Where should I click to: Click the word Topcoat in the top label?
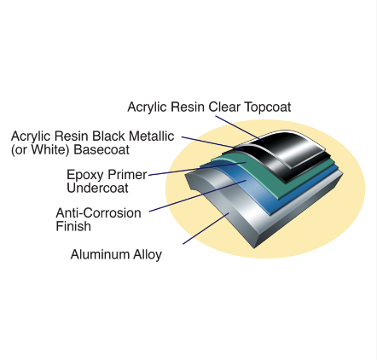click(268, 107)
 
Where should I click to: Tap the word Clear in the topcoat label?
click(224, 107)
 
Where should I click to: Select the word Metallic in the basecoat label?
click(151, 136)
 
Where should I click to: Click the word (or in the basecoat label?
click(20, 150)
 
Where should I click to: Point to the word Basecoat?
click(101, 149)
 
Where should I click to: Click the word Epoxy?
click(84, 175)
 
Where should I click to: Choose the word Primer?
click(126, 175)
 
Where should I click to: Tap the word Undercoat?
click(97, 189)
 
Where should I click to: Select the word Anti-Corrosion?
click(98, 213)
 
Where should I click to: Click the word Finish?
click(73, 226)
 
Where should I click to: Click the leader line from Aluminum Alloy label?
click(206, 229)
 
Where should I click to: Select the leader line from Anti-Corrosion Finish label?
click(198, 195)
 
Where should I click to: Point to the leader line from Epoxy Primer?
click(197, 169)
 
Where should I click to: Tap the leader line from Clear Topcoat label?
click(240, 128)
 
